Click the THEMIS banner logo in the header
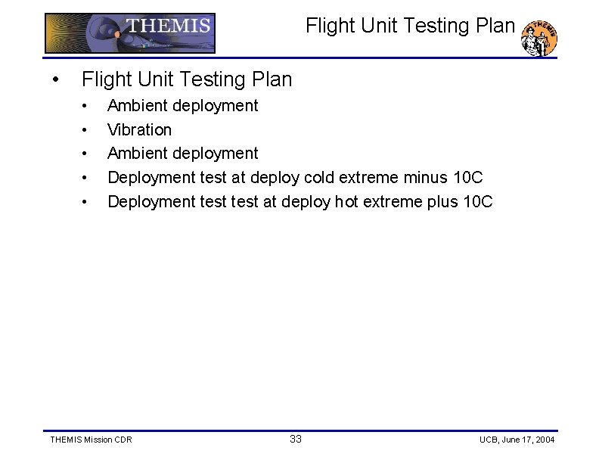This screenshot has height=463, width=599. point(130,33)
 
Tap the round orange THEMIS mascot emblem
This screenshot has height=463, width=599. point(540,38)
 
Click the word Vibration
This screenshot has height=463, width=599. point(139,129)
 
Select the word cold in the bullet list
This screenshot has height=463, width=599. point(321,177)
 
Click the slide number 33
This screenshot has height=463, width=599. point(296,439)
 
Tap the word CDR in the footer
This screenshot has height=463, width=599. point(123,440)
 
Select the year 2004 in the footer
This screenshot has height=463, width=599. point(545,440)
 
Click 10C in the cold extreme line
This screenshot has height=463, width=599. point(467,177)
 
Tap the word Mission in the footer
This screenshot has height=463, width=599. point(98,440)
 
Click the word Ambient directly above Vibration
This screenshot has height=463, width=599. point(138,105)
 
